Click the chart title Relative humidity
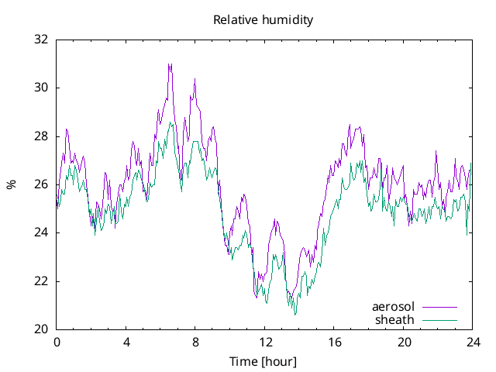coord(263,20)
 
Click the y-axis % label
coord(11,184)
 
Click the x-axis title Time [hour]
coord(263,361)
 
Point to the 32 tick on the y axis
coord(41,40)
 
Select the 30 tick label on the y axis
coord(41,88)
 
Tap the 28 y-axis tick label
coord(41,136)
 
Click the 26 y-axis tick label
coord(41,184)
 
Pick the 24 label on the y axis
coord(41,232)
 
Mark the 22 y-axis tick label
coord(41,281)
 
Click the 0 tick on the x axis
coord(57,342)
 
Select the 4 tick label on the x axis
coord(126,342)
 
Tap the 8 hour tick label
coord(195,342)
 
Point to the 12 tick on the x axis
coord(265,342)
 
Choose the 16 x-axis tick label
coord(334,342)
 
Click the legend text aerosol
coord(393,307)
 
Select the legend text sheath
coord(395,319)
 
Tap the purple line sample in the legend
coord(439,307)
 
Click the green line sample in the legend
coord(439,319)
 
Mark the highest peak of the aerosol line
coord(170,64)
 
